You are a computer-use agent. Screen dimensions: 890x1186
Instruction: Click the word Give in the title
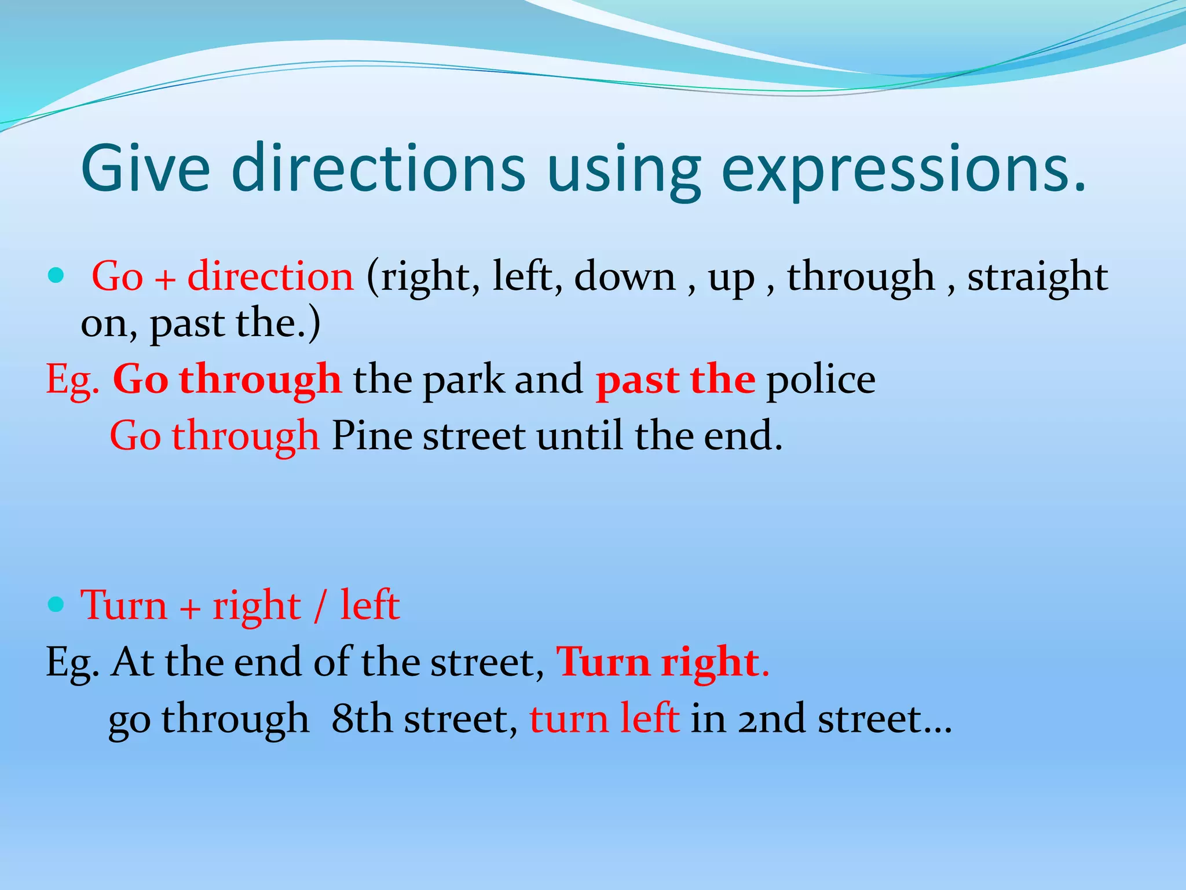145,168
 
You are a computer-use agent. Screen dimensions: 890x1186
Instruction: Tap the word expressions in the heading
903,171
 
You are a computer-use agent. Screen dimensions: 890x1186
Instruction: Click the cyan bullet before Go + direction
56,275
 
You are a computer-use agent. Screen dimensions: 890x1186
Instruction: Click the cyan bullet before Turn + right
56,605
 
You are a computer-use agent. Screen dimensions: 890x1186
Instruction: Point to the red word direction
270,276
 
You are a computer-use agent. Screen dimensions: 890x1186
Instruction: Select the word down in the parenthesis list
624,276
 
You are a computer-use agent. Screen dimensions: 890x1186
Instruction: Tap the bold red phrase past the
675,380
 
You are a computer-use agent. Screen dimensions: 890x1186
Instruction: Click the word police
821,381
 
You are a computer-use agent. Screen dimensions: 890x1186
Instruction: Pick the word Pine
372,436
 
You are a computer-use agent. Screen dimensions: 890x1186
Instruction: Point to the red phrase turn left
604,718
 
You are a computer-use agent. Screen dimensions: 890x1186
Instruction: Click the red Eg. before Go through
72,381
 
